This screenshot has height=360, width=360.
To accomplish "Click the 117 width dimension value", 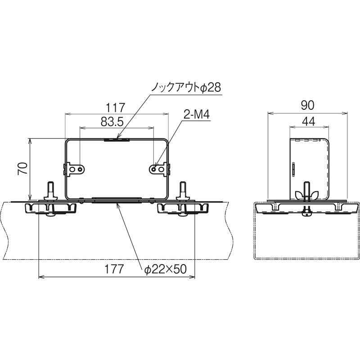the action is [115, 108].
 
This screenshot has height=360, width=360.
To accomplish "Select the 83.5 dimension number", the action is [112, 121].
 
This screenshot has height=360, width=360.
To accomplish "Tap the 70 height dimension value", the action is [22, 168].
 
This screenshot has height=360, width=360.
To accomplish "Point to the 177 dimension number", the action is [114, 269].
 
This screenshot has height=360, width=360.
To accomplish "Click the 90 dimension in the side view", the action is [307, 105].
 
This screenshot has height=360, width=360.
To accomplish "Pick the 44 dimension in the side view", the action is [309, 121].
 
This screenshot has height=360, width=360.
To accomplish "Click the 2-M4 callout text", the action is [197, 114].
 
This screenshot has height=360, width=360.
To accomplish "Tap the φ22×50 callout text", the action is [165, 269].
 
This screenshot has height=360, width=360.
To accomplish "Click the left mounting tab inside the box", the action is [74, 170].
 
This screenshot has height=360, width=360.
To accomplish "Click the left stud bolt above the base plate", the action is [50, 191].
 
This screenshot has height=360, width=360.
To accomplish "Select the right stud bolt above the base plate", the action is [183, 191].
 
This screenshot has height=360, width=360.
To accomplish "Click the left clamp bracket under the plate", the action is [50, 208].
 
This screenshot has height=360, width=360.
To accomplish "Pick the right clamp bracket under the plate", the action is [183, 208].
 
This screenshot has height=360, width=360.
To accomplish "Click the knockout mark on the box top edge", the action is [117, 139].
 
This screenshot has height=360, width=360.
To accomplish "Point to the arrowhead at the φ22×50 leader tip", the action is [118, 205].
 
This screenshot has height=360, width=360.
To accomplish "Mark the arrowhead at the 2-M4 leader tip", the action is [155, 167].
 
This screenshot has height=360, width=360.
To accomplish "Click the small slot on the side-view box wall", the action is [293, 170].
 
